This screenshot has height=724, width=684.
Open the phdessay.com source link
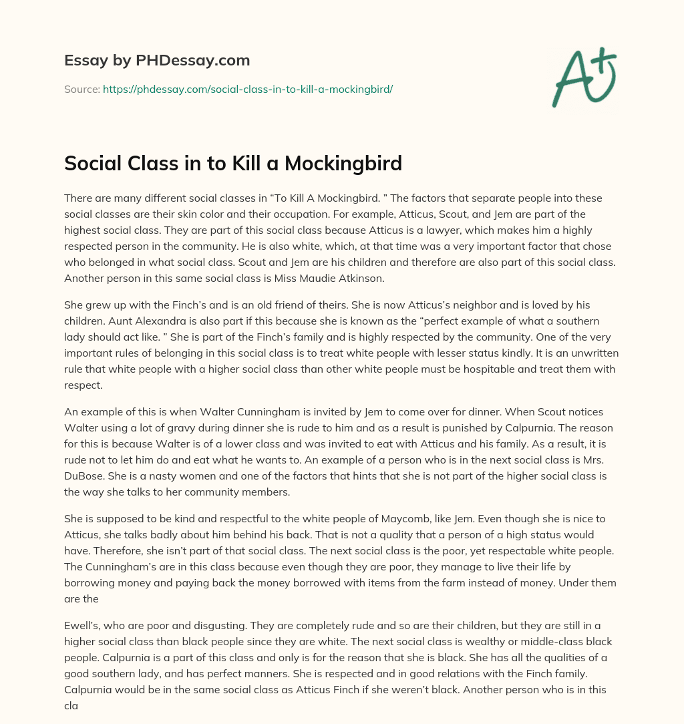pyautogui.click(x=247, y=88)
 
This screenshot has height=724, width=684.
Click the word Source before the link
pyautogui.click(x=81, y=88)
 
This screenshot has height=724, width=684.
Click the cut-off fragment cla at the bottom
pyautogui.click(x=71, y=707)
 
